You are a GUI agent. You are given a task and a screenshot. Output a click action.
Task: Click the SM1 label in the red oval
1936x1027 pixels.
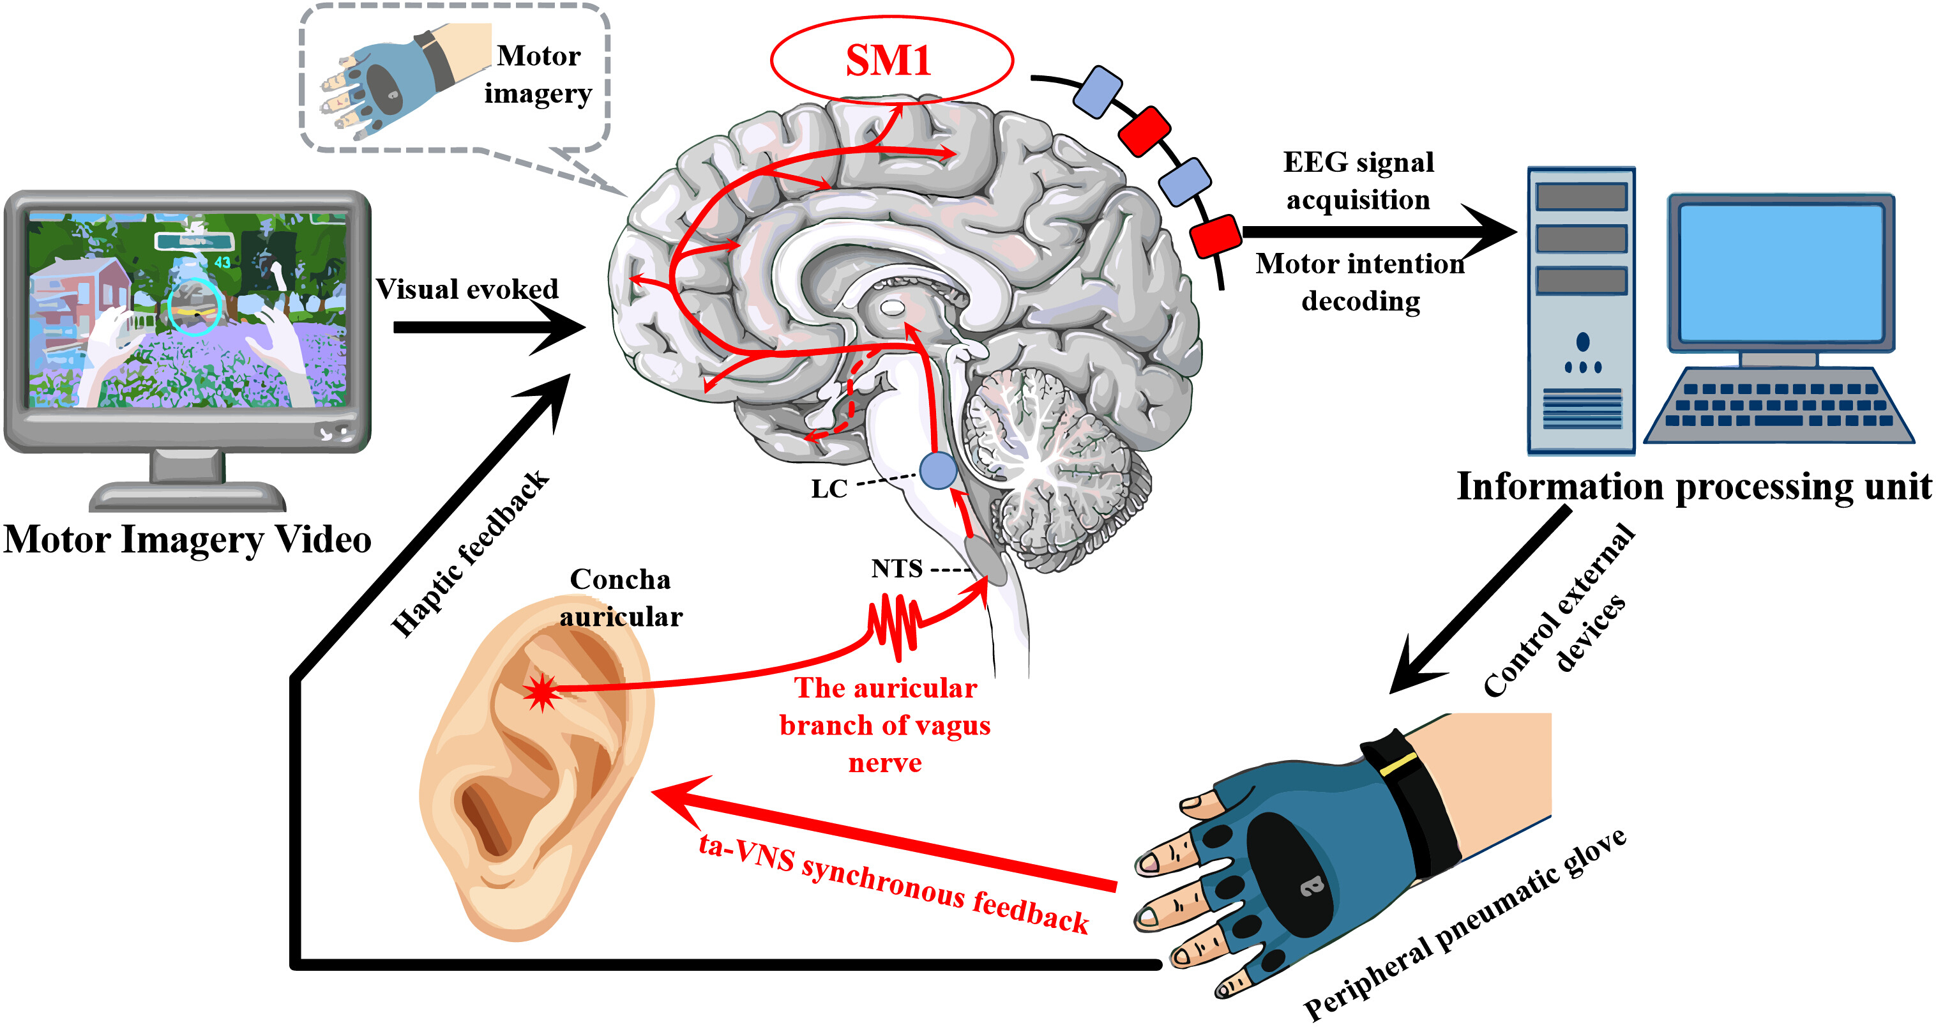click(x=888, y=60)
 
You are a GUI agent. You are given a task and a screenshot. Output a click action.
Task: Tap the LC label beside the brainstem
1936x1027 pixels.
click(x=829, y=489)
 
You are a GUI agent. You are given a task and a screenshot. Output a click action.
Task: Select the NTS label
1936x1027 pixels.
click(x=896, y=568)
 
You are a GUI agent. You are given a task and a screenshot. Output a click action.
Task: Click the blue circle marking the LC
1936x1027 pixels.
click(x=939, y=471)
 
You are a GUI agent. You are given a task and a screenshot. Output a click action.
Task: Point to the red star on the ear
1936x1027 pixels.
click(x=542, y=692)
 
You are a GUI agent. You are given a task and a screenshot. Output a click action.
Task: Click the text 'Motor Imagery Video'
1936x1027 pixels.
click(x=187, y=540)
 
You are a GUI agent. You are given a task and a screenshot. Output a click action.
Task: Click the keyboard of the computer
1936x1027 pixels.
click(x=1778, y=406)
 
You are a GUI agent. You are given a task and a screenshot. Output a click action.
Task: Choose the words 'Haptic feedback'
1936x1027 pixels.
click(x=471, y=554)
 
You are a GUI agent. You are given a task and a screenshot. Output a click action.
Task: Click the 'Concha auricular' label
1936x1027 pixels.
click(x=621, y=598)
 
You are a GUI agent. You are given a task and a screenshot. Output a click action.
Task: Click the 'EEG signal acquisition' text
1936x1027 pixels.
click(x=1358, y=181)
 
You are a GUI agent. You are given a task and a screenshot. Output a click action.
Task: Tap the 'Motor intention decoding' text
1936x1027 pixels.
click(x=1360, y=282)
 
